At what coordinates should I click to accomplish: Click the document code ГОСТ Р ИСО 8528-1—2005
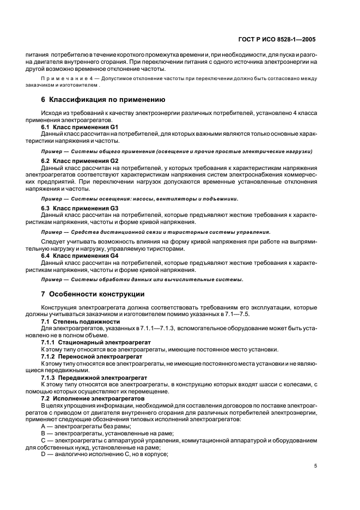[x=279, y=40]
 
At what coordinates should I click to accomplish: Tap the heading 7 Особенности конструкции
[x=93, y=294]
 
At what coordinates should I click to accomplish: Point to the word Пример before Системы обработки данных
[x=51, y=280]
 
